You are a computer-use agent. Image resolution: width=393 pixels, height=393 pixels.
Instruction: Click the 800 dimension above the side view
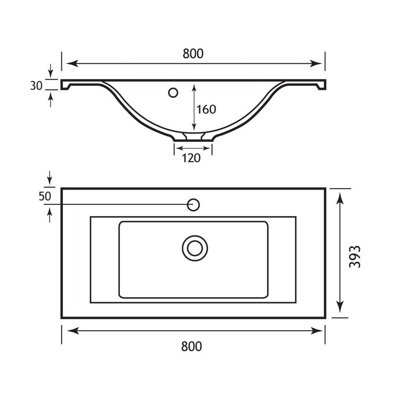(x=193, y=54)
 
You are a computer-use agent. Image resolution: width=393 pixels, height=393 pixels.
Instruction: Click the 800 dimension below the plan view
(x=192, y=346)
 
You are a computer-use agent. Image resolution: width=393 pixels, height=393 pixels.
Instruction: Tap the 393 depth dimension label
(x=355, y=256)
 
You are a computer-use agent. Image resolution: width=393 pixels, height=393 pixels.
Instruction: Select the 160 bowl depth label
(x=206, y=110)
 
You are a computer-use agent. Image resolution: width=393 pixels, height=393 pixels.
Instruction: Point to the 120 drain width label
(x=191, y=158)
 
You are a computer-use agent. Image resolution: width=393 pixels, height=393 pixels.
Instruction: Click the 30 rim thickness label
(x=36, y=85)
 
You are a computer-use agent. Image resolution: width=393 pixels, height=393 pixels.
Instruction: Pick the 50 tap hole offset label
(x=45, y=196)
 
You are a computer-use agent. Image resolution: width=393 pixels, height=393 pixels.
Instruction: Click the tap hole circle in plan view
(x=193, y=205)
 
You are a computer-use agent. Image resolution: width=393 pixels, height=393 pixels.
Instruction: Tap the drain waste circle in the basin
(x=195, y=248)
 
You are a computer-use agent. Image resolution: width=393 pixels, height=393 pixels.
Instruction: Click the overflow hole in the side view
(x=173, y=92)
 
